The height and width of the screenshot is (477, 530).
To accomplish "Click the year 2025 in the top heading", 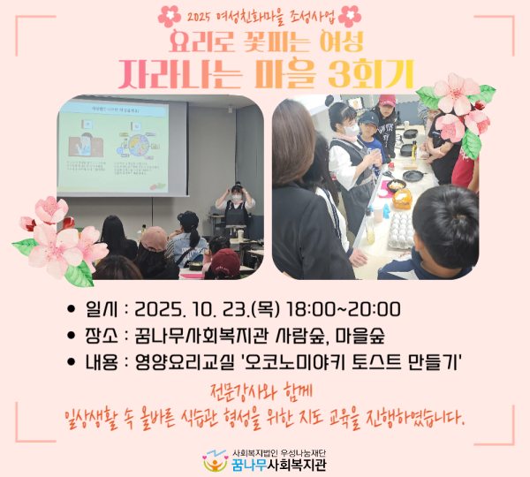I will click(x=205, y=15).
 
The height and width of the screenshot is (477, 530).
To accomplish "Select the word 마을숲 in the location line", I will click(x=365, y=336).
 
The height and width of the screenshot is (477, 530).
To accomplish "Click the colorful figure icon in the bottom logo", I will click(x=213, y=461).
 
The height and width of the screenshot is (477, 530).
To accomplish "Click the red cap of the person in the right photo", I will click(x=386, y=101).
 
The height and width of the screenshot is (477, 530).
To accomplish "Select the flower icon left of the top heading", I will click(x=170, y=15).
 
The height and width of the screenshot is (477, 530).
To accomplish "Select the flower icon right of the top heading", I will click(x=351, y=15).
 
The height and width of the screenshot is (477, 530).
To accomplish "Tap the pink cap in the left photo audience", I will click(x=154, y=238).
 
